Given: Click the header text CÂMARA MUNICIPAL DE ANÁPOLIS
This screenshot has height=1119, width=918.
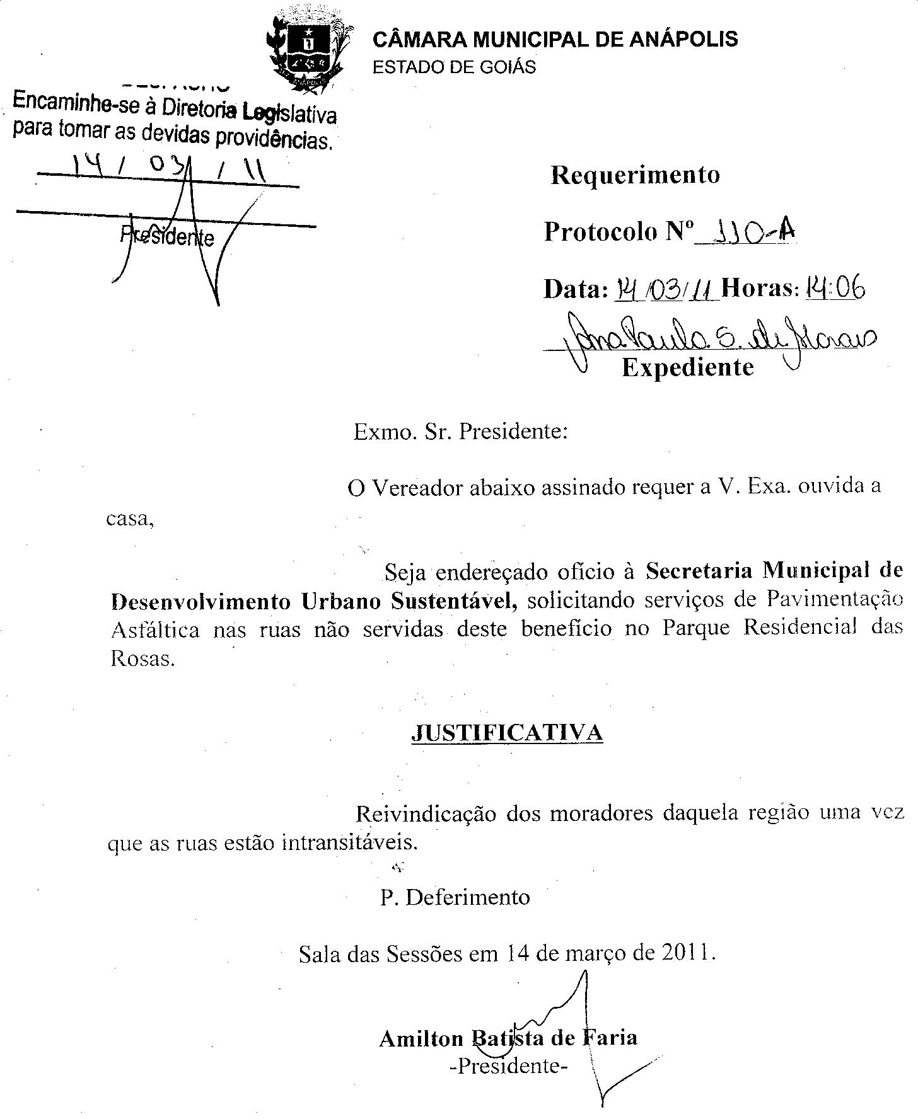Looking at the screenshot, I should tap(555, 40).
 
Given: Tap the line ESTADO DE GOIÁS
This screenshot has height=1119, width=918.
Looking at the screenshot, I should tap(454, 67).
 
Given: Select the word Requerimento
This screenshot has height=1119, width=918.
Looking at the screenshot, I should tap(635, 175).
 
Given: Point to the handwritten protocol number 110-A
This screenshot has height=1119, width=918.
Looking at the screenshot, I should tap(750, 234).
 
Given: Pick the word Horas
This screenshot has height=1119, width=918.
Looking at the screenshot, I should tap(760, 289).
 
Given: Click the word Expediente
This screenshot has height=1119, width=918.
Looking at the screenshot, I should tap(688, 367).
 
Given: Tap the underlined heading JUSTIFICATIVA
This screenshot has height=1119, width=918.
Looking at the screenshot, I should tap(507, 733).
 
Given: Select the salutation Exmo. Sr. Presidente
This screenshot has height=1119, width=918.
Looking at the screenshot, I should tap(461, 432).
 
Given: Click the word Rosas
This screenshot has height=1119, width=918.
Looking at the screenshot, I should tap(142, 658).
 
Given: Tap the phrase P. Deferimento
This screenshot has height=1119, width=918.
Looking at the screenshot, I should tap(455, 897).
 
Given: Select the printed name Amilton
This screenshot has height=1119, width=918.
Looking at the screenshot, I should tap(421, 1038).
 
